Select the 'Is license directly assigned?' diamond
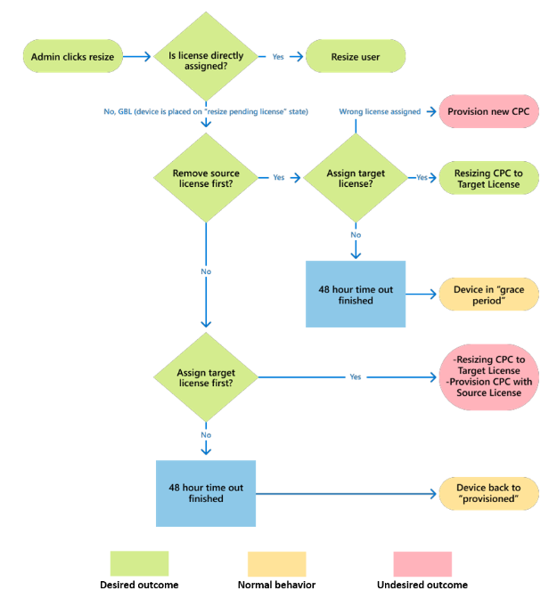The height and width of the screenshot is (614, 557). [x=206, y=56]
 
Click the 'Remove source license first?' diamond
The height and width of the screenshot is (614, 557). [x=206, y=177]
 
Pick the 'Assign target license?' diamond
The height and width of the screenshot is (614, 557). [x=356, y=177]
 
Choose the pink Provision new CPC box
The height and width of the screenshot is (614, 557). [x=488, y=112]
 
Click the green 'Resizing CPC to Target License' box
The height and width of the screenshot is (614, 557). [x=488, y=177]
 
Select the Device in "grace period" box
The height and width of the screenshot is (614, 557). [x=488, y=295]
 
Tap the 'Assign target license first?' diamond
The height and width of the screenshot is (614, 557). [x=206, y=376]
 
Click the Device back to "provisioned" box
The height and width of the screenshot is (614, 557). [x=488, y=493]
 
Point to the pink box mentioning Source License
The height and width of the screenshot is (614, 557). [x=488, y=376]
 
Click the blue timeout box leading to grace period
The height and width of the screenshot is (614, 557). [x=356, y=295]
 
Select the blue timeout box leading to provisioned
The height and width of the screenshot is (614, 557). [x=206, y=493]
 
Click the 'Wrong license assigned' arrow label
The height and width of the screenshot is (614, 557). [x=380, y=112]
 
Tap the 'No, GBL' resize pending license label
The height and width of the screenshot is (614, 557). [x=206, y=112]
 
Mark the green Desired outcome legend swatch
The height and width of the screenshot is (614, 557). [x=139, y=563]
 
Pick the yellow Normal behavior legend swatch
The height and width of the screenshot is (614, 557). [x=276, y=563]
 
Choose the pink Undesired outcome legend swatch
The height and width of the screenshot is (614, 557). [x=422, y=563]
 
